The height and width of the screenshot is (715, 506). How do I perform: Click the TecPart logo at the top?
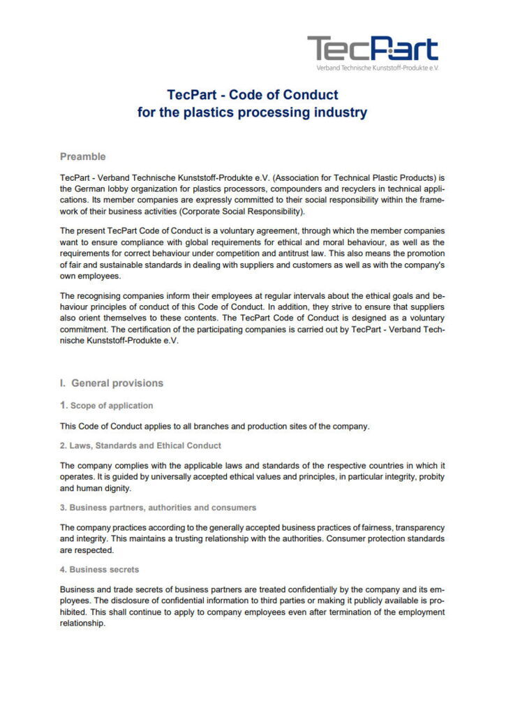(373, 49)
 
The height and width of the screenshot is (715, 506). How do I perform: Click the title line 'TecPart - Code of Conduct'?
(253, 95)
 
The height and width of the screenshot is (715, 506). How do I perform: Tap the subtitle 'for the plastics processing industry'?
(253, 112)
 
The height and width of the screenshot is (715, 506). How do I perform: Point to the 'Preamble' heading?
(83, 156)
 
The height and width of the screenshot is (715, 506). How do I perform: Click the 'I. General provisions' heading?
(112, 383)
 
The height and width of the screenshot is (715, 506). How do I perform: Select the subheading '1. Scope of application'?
(107, 405)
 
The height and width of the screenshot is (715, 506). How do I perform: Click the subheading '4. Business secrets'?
(99, 569)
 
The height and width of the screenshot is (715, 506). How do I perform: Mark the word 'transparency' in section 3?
(419, 527)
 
